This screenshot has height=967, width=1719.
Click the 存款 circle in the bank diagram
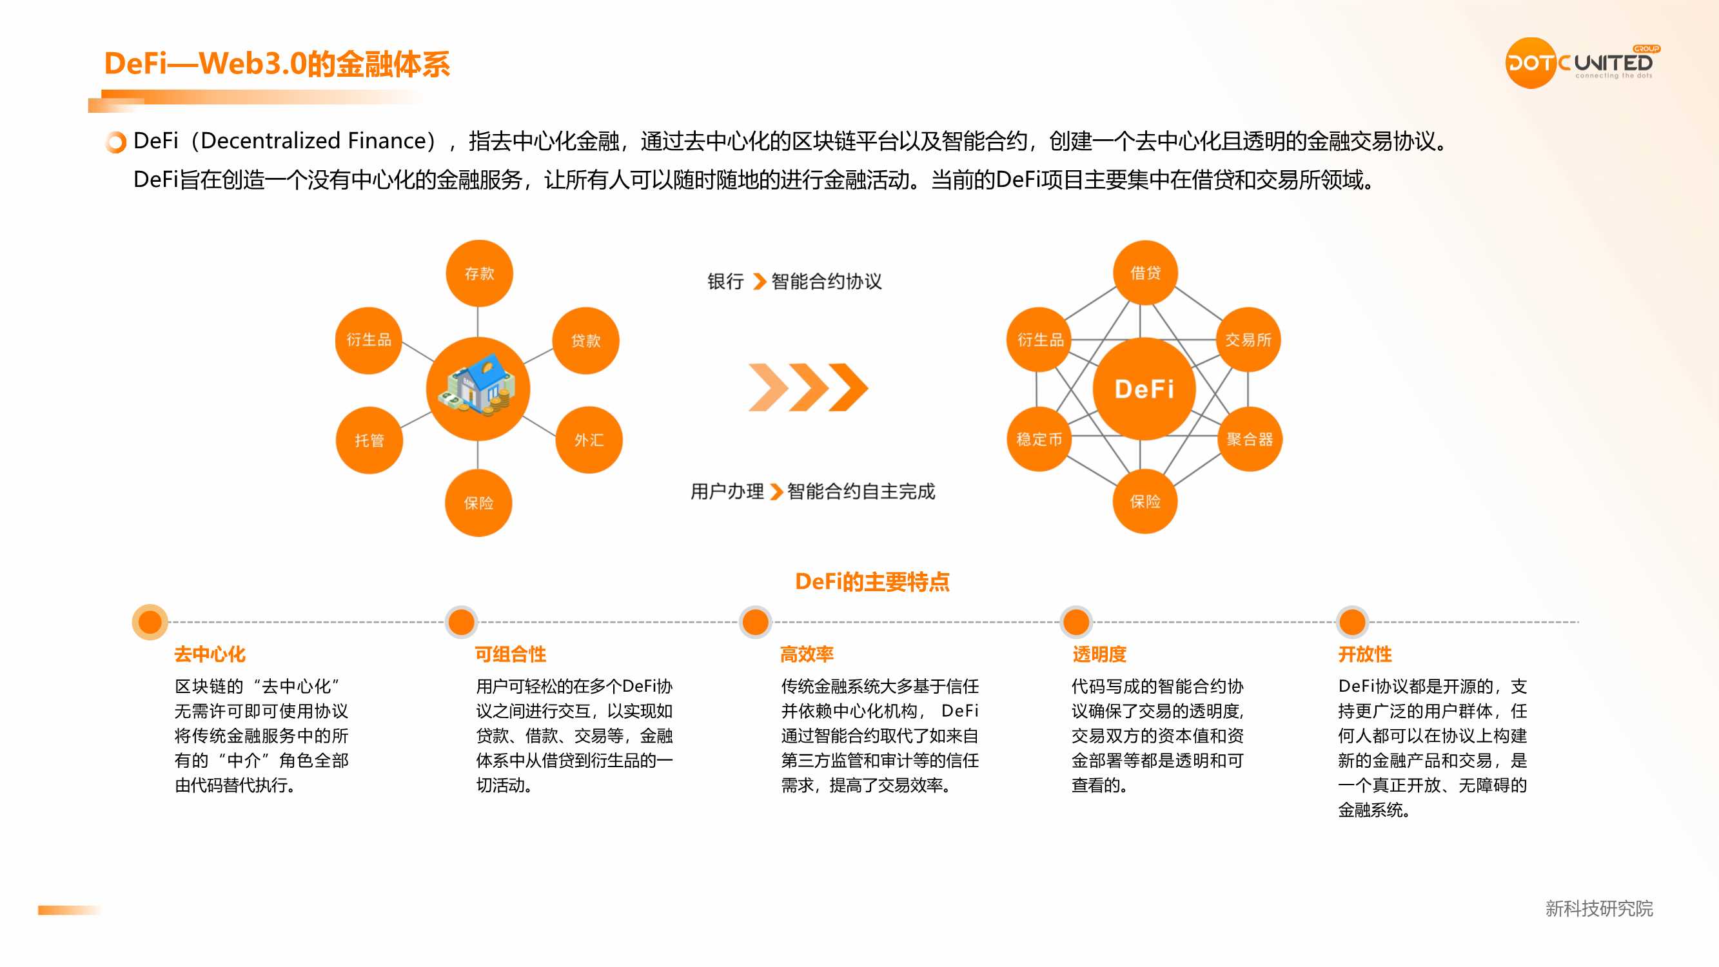pos(479,273)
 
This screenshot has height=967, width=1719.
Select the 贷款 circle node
pos(586,340)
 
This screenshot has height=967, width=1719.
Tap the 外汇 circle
pos(589,440)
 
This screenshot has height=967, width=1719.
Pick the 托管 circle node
pos(369,440)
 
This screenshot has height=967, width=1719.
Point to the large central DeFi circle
pos(1144,388)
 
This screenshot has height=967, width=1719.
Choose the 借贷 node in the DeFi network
pos(1145,272)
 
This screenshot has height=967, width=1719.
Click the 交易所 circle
pos(1248,340)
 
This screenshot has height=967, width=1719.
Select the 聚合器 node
pos(1249,438)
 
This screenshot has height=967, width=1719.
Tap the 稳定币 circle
pos(1039,438)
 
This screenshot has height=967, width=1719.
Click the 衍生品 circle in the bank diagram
pos(368,340)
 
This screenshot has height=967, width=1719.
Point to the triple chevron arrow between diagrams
pos(808,387)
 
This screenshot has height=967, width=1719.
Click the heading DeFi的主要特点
pos(872,582)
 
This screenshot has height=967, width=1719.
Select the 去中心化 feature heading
pos(210,654)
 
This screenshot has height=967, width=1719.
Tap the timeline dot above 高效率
pos(756,622)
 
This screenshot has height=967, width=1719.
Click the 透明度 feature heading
pos(1099,654)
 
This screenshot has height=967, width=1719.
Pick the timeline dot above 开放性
pos(1352,622)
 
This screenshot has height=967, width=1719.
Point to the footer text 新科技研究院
pos(1599,908)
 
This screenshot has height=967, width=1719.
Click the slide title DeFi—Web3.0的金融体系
pos(277,64)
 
